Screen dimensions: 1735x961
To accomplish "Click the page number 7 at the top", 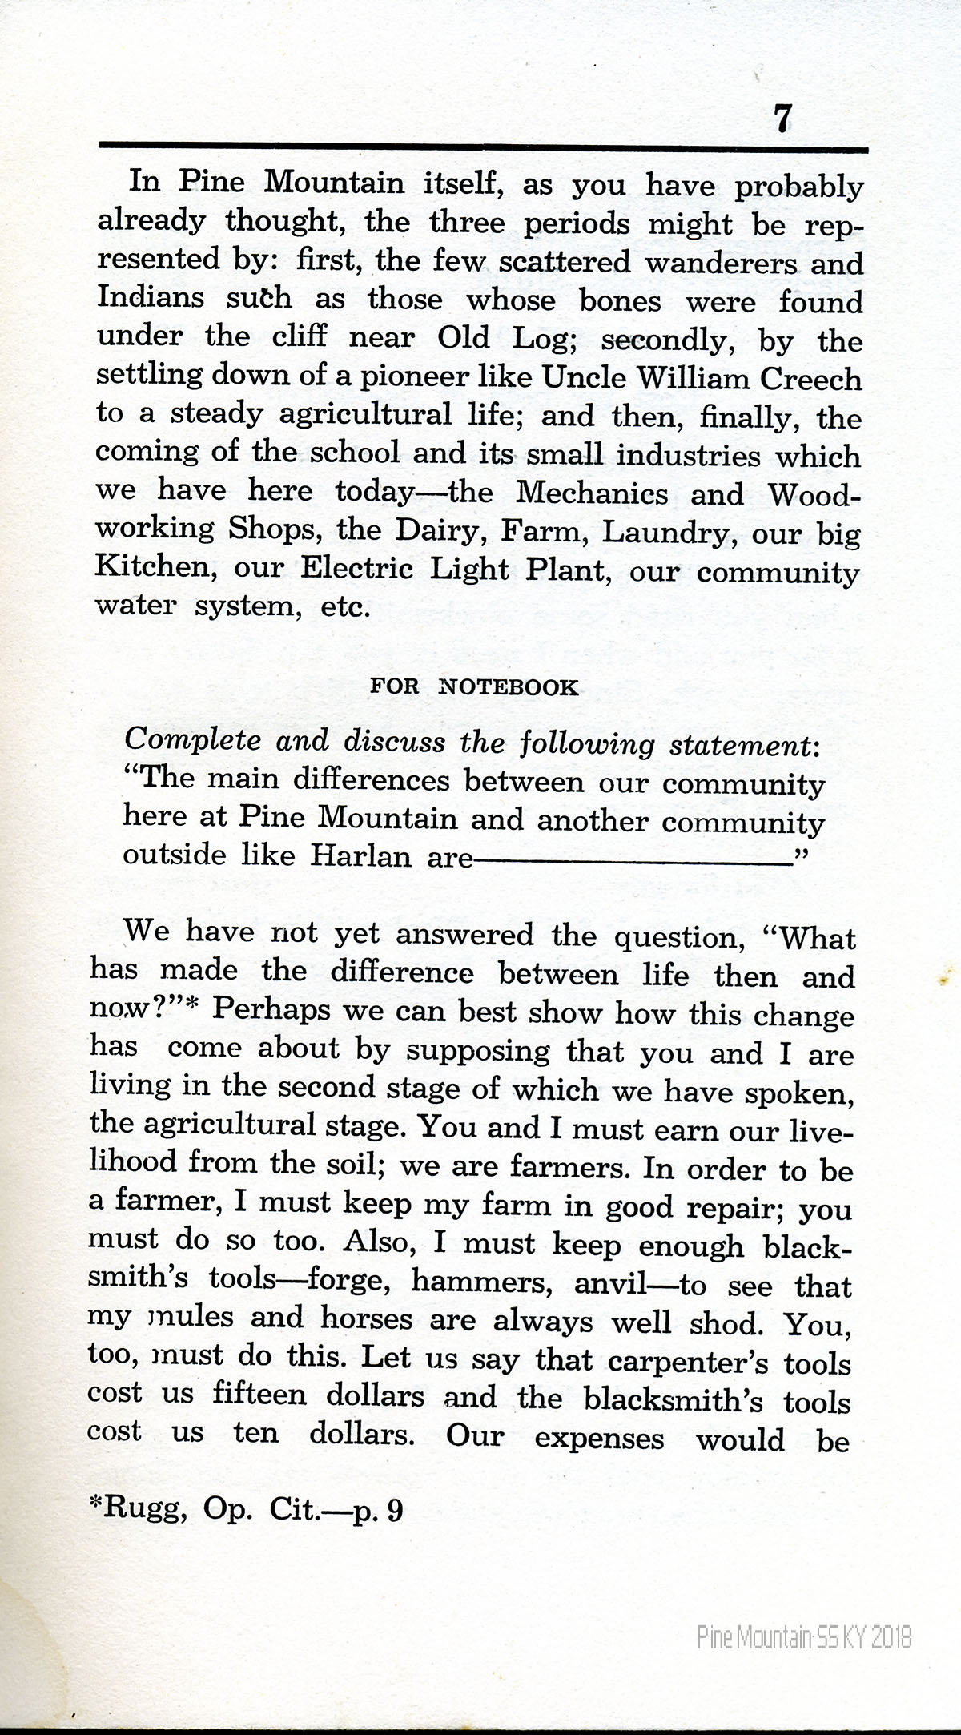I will tap(782, 119).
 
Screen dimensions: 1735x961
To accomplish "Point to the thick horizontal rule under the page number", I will tap(483, 147).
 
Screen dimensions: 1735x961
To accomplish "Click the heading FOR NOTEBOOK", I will tap(473, 687).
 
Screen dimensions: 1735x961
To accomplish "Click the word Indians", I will tap(151, 298).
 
